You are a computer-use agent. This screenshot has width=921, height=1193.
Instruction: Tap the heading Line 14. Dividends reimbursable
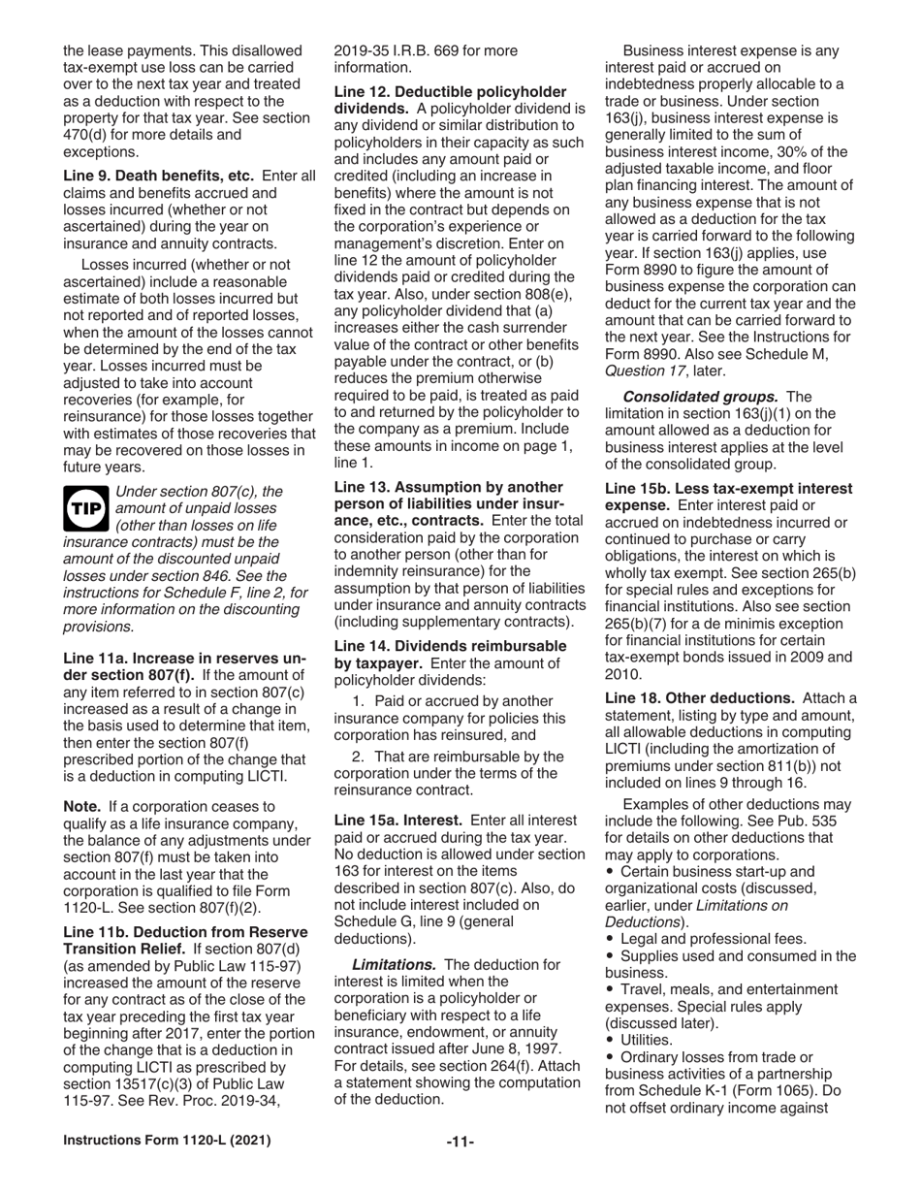451,645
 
